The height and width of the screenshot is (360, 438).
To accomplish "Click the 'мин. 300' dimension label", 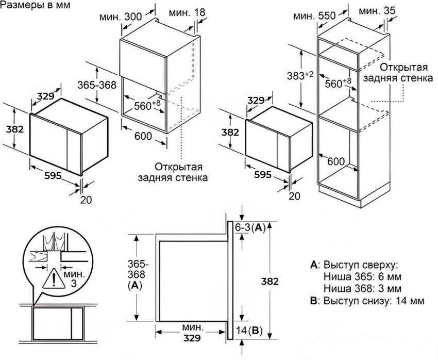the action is click(x=121, y=17).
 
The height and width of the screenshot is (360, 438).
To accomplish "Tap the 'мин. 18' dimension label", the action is click(x=187, y=12).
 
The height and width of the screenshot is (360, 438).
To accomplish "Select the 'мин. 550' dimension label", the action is click(x=314, y=15).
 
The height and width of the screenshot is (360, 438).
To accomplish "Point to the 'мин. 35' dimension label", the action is click(x=377, y=11).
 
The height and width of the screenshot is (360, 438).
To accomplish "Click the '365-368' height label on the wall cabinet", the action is click(x=97, y=85).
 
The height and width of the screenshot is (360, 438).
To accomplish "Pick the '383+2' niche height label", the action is click(x=300, y=75).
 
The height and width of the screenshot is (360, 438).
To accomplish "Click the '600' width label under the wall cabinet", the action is click(x=143, y=136).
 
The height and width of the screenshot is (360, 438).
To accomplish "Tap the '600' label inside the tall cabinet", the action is click(x=336, y=161).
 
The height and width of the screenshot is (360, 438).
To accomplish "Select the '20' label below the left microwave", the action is click(x=86, y=200).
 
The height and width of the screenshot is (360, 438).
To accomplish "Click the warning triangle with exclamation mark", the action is click(x=54, y=277).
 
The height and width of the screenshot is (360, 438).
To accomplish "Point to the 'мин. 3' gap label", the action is click(x=74, y=279).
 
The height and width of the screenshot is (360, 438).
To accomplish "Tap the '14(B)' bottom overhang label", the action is click(x=249, y=331).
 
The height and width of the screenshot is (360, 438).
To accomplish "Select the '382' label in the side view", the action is click(x=270, y=281).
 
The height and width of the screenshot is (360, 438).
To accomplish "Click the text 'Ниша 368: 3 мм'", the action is click(x=362, y=288).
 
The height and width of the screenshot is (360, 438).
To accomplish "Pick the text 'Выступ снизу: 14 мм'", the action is click(x=374, y=301).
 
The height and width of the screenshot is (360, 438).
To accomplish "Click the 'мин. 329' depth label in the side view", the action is click(x=193, y=332).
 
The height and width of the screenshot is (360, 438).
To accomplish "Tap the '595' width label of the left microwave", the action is click(x=53, y=175).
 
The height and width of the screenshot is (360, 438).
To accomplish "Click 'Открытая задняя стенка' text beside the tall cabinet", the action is click(x=398, y=73).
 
